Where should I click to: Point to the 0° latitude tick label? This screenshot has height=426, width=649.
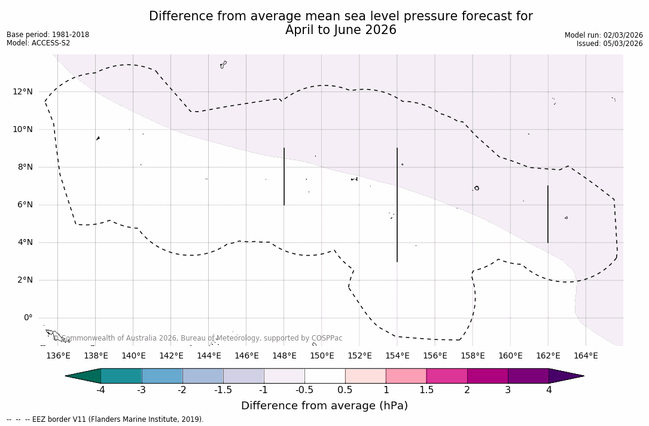click(x=28, y=318)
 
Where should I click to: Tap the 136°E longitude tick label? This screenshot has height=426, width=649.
click(x=58, y=356)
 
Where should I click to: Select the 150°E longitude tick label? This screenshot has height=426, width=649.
click(x=322, y=356)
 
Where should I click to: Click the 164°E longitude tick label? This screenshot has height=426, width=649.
click(x=586, y=356)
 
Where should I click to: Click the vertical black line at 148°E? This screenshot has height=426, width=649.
click(x=284, y=176)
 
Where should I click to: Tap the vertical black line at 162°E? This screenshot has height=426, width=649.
click(x=548, y=214)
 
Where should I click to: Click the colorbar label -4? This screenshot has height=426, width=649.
click(x=100, y=390)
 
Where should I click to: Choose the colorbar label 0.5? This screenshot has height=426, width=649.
click(x=345, y=390)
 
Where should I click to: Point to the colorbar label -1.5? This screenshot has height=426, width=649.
click(x=223, y=390)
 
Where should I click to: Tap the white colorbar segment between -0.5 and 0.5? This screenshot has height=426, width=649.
click(x=325, y=376)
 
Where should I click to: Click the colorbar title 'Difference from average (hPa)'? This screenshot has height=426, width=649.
click(x=324, y=406)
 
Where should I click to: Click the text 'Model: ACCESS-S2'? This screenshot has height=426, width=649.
click(x=38, y=43)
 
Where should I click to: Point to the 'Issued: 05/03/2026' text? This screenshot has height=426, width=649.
click(x=610, y=44)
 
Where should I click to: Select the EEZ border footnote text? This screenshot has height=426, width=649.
click(x=105, y=419)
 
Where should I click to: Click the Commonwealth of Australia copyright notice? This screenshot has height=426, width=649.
click(x=197, y=338)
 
